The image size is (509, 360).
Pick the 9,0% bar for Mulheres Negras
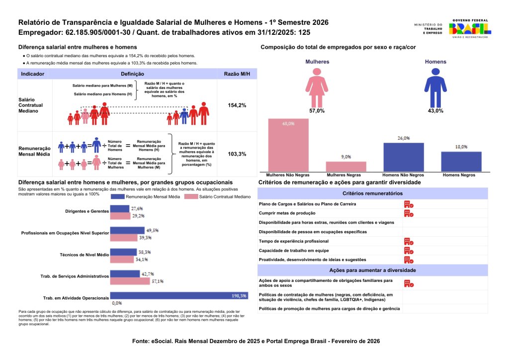346,167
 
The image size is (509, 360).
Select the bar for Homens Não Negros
404,157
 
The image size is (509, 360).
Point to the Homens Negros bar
461,161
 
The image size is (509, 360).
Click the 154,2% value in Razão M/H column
237,105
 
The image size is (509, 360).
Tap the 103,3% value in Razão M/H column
237,154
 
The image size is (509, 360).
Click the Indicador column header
33,74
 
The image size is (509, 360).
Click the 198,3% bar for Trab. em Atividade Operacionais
178,295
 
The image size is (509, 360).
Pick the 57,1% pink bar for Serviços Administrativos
130,281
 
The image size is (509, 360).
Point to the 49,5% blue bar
127,230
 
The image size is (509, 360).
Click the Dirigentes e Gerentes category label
87,211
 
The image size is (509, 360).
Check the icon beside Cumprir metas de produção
408,213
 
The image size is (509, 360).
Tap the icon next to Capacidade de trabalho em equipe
408,251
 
